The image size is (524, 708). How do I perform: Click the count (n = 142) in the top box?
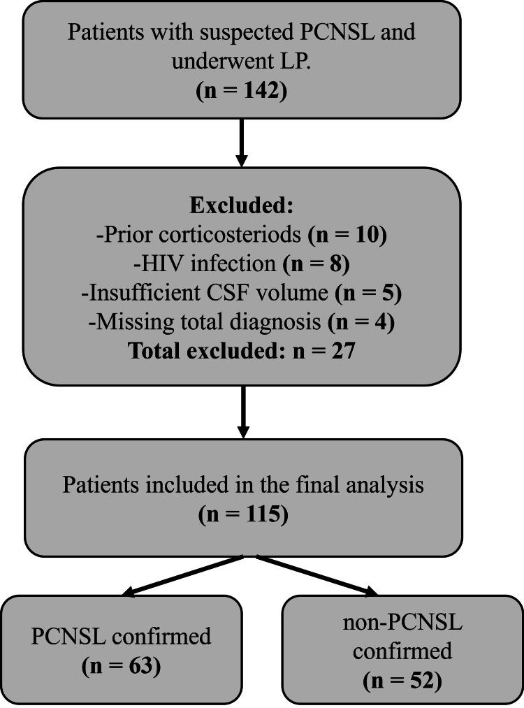(242, 91)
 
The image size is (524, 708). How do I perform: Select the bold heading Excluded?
(242, 206)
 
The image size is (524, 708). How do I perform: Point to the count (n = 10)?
(347, 235)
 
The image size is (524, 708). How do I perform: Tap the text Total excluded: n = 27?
(242, 350)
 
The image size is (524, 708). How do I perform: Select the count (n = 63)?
(121, 665)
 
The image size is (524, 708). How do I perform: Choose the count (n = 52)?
(402, 679)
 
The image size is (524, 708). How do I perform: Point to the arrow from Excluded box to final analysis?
(242, 412)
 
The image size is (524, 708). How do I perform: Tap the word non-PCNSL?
(402, 621)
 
